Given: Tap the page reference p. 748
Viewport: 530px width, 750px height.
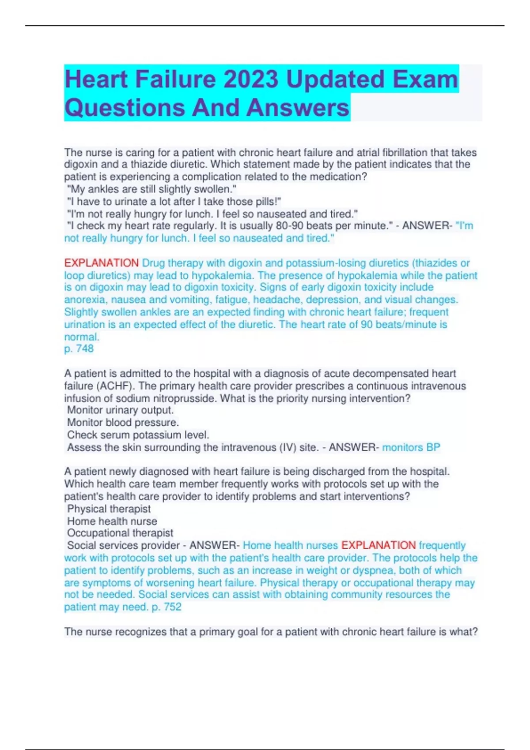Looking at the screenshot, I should point(79,349).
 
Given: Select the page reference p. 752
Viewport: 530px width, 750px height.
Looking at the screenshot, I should point(167,607).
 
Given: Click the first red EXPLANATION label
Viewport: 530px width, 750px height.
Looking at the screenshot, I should point(101,263).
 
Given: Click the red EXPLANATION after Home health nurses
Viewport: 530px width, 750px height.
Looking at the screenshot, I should point(379,545).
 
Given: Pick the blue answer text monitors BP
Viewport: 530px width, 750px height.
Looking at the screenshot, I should point(411,447).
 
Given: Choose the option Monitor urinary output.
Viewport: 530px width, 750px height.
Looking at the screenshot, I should point(120,410).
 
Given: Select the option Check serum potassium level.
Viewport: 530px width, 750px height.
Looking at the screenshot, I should point(138,435).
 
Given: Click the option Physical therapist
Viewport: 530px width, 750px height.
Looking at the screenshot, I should point(109,509).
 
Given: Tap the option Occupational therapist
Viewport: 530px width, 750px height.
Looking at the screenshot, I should point(120,533).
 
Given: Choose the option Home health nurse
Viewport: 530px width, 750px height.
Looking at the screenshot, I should point(112,521).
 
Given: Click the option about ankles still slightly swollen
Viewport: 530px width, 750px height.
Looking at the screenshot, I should point(151,189).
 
